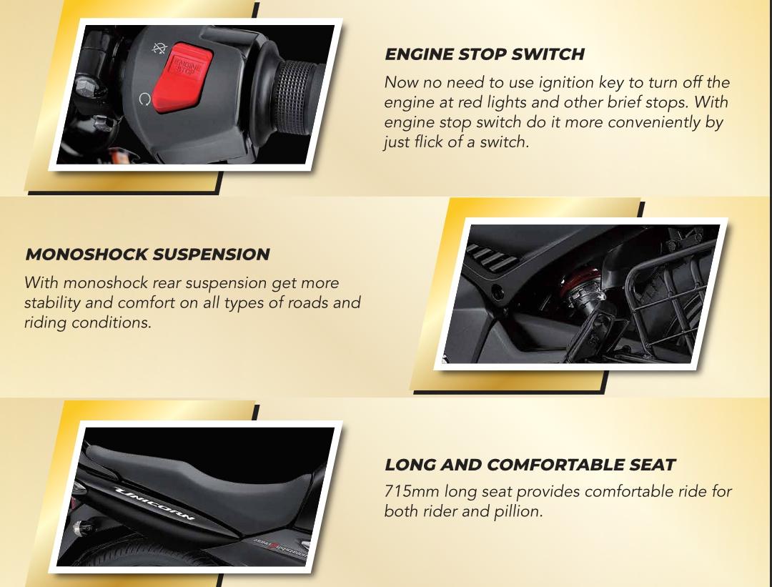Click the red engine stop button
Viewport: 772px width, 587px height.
click(x=182, y=77)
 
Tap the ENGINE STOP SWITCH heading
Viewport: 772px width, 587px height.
click(x=485, y=54)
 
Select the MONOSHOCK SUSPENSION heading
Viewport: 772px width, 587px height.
click(x=147, y=254)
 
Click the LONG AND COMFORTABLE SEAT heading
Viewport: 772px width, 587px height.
click(x=530, y=464)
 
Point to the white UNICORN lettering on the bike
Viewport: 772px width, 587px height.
click(x=154, y=503)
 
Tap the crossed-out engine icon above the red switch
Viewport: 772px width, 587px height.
click(x=159, y=48)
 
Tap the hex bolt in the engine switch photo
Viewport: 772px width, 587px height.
click(x=86, y=88)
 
